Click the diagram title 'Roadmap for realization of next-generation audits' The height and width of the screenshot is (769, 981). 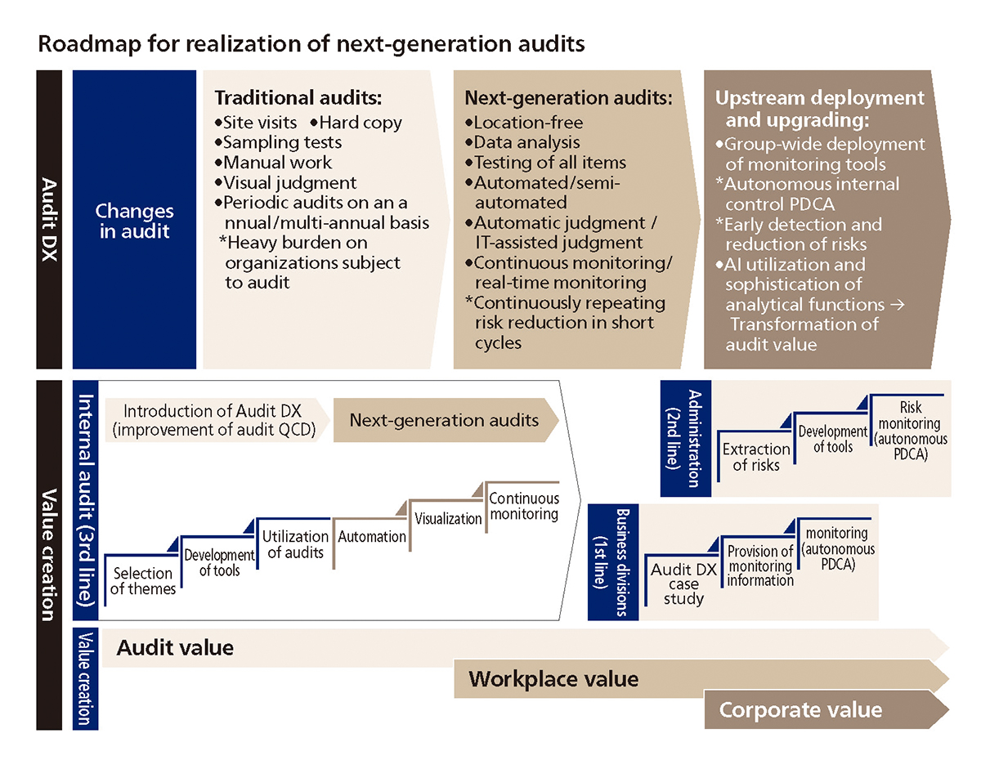pos(311,44)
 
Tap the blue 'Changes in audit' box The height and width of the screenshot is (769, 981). pos(135,219)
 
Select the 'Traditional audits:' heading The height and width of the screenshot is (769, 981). pos(298,97)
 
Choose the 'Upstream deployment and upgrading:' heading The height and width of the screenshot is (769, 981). pos(819,109)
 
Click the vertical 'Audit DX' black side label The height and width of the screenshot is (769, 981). pos(49,219)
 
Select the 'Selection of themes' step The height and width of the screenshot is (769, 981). pos(143,581)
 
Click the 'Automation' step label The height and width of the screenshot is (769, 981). pos(372,537)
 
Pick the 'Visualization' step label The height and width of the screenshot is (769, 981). pos(448,519)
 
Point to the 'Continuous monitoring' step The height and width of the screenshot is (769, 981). pos(524,506)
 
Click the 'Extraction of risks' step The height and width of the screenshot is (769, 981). pos(756,457)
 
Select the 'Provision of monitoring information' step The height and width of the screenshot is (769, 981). pos(760,566)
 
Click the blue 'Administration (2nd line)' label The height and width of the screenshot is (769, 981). pos(686,438)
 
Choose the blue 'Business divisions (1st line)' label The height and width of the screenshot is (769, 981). pos(613,562)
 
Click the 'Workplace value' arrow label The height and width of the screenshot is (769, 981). pos(553,679)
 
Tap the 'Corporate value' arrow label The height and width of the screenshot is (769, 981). pos(800,710)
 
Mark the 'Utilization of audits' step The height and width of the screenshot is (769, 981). pos(296,544)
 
